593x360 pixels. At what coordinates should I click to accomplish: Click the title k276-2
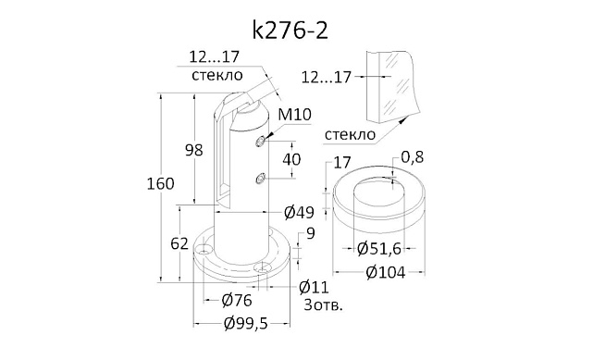pyautogui.click(x=290, y=31)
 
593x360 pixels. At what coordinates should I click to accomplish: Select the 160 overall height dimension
pyautogui.click(x=160, y=184)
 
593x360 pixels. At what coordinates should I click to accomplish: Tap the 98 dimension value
pyautogui.click(x=193, y=150)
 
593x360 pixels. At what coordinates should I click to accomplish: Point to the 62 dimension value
pyautogui.click(x=179, y=244)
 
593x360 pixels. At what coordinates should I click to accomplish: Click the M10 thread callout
pyautogui.click(x=294, y=114)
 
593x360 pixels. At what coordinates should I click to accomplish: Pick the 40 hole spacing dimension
pyautogui.click(x=291, y=159)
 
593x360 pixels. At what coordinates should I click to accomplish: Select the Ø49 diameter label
pyautogui.click(x=299, y=213)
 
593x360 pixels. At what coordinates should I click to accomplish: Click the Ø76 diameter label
pyautogui.click(x=237, y=301)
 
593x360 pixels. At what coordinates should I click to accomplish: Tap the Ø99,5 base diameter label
pyautogui.click(x=245, y=324)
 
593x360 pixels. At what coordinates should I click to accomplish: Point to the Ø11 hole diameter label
pyautogui.click(x=314, y=288)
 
